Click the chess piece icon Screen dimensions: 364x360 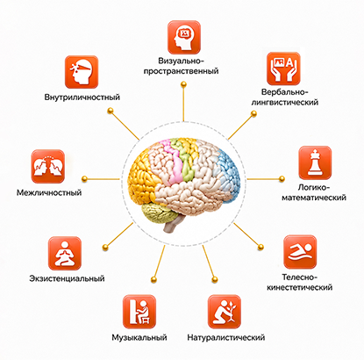[315, 162]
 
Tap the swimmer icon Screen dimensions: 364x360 [300, 252]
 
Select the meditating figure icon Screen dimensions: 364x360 [65, 253]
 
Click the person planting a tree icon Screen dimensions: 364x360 [225, 312]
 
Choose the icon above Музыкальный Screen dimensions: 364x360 [139, 312]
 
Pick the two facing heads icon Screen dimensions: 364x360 [48, 167]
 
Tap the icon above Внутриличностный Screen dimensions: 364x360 [82, 72]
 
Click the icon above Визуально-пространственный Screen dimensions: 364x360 [184, 37]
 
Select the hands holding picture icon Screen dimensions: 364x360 [283, 68]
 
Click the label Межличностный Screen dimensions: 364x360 [49, 192]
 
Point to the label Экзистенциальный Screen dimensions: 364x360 [67, 278]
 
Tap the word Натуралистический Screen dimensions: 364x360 [226, 337]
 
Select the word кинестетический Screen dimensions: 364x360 [300, 287]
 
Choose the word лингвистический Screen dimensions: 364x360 [285, 103]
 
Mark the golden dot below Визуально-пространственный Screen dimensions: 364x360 [183, 84]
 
